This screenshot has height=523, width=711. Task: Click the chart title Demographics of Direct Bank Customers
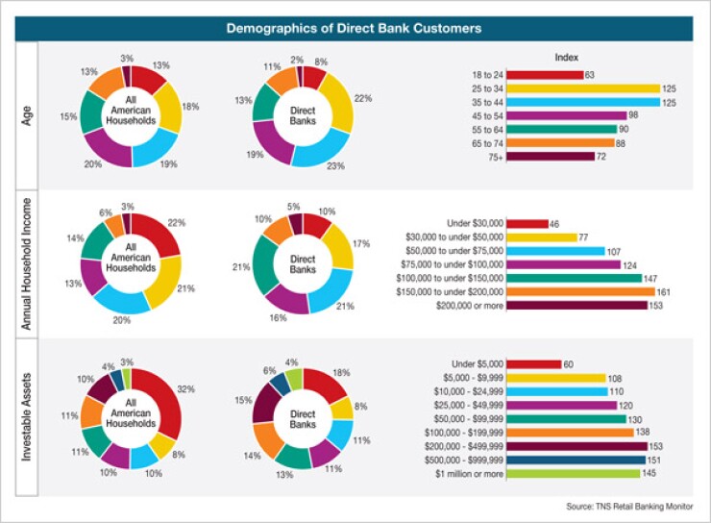(355, 28)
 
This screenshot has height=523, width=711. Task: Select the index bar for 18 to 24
(545, 74)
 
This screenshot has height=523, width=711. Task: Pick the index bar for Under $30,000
(527, 224)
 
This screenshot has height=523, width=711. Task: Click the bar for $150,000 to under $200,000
(580, 291)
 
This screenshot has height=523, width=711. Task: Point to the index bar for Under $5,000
(533, 364)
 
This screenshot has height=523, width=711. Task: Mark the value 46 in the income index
(555, 224)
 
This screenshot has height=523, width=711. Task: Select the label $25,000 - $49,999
(460, 406)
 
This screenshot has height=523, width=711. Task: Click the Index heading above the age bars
(567, 58)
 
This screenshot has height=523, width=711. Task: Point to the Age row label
(29, 115)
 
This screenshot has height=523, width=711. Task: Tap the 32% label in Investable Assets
(186, 388)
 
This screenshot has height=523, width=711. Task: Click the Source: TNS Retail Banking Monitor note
(630, 507)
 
